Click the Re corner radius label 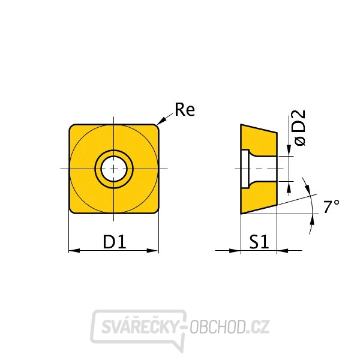(x=185, y=110)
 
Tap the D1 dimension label (x=115, y=242)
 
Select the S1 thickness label (x=259, y=242)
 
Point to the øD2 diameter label (x=300, y=128)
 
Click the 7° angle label (x=331, y=206)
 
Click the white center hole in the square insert (x=114, y=169)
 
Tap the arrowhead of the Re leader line (x=161, y=121)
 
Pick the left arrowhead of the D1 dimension (x=74, y=250)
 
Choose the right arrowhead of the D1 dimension (x=152, y=250)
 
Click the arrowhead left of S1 (x=235, y=250)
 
